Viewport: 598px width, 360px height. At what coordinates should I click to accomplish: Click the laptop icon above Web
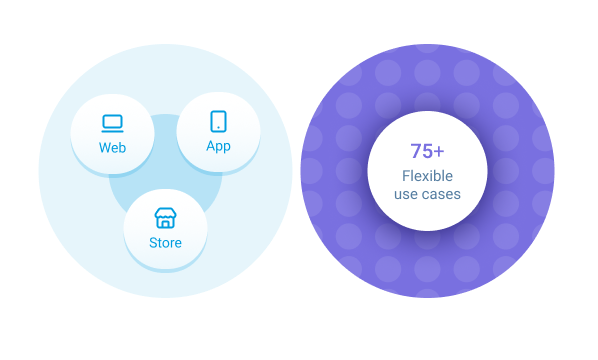(x=112, y=123)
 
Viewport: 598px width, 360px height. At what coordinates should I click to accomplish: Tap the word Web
(x=112, y=148)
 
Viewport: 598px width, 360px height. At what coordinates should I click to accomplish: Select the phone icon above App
(x=218, y=121)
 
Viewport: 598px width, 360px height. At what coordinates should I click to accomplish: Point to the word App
(x=218, y=146)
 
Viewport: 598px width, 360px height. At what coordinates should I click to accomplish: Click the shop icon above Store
(x=165, y=218)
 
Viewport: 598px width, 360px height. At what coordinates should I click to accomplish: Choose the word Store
(x=165, y=243)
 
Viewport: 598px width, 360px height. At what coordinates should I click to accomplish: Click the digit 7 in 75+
(x=417, y=152)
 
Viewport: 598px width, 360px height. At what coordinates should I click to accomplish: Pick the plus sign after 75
(x=441, y=152)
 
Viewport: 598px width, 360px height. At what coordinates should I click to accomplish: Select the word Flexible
(x=427, y=176)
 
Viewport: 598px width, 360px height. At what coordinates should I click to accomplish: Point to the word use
(x=406, y=194)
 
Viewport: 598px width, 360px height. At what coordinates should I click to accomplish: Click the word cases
(x=441, y=194)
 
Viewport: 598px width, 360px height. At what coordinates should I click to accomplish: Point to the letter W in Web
(x=104, y=148)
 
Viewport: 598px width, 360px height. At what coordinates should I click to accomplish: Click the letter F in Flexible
(x=405, y=176)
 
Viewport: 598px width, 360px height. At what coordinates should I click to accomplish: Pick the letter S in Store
(x=153, y=243)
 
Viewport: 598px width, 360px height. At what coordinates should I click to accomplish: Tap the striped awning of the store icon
(x=165, y=213)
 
